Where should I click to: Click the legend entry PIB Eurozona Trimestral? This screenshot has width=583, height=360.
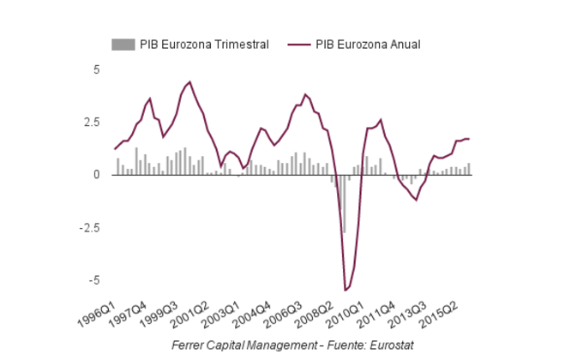204,45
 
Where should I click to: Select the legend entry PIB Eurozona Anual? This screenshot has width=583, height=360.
368,45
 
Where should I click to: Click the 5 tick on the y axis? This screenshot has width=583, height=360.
97,69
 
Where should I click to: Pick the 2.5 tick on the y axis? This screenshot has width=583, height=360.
93,122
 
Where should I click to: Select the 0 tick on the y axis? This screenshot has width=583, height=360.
97,175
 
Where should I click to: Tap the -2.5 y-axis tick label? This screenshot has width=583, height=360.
91,228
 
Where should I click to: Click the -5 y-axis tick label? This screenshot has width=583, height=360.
95,280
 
